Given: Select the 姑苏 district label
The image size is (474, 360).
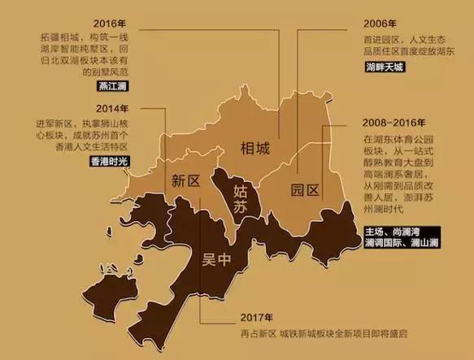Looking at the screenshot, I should point(241,201).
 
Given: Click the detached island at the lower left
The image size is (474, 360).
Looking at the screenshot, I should point(100,287).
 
